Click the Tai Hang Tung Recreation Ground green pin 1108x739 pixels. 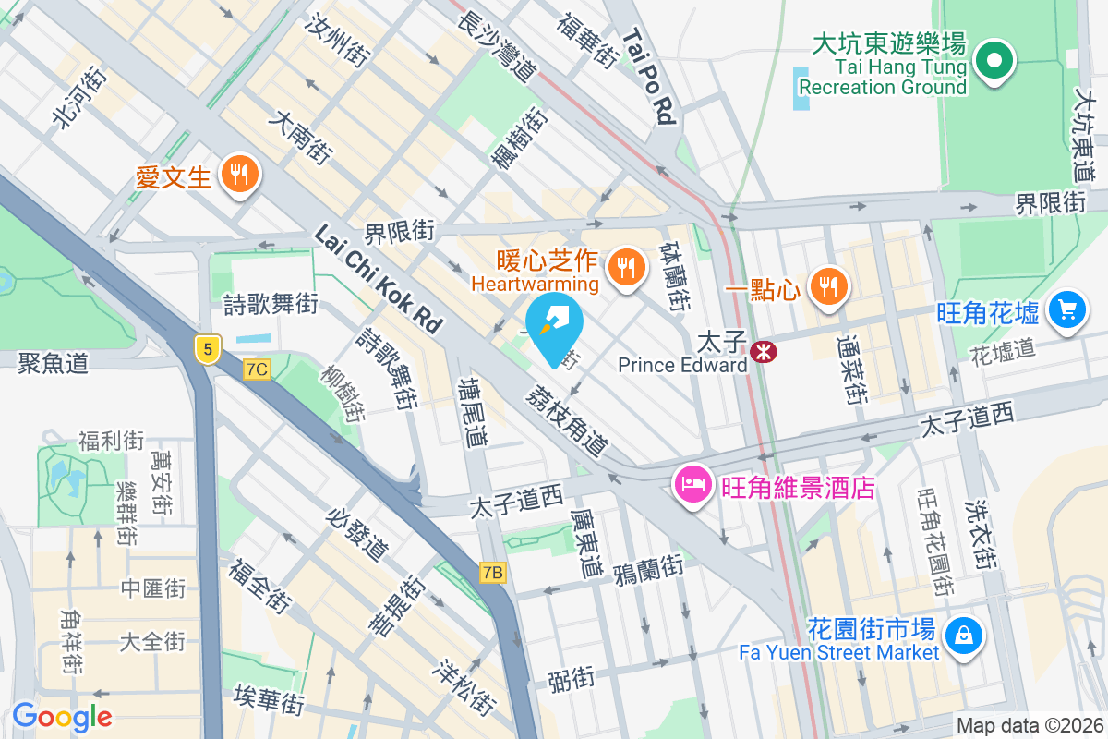coord(994,63)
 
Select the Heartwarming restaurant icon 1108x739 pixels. coord(628,269)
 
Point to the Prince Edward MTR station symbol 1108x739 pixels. coord(763,350)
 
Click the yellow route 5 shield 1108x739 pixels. coord(208,348)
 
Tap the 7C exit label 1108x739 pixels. coord(258,369)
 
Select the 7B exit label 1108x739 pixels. coord(493,573)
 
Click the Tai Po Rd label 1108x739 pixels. coord(650,76)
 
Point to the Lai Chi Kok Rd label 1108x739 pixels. coord(379,278)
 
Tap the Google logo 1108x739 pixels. coord(62,716)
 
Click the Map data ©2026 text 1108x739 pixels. coord(1029,726)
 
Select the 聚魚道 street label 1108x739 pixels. coord(53,363)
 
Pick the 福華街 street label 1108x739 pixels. coord(586,38)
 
